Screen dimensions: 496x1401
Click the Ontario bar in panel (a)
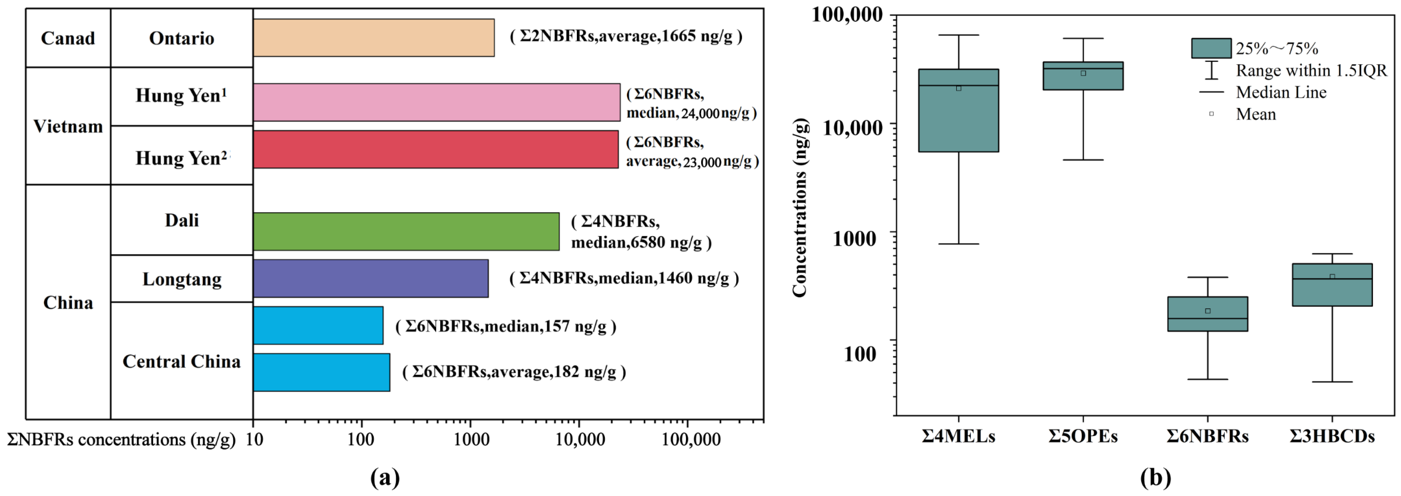coord(374,38)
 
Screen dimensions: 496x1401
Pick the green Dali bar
coord(406,231)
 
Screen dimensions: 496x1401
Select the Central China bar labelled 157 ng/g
coord(318,325)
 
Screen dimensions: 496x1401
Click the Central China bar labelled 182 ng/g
coord(321,372)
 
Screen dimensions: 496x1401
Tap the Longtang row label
coord(182,279)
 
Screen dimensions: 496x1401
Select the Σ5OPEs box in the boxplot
coord(1083,76)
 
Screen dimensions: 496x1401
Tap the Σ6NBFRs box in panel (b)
coord(1207,314)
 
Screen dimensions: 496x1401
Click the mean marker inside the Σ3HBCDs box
coord(1332,277)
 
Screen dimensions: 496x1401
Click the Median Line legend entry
coord(1281,92)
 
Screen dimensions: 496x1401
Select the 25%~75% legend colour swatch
coord(1211,48)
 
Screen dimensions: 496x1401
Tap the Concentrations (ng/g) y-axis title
coord(799,208)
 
